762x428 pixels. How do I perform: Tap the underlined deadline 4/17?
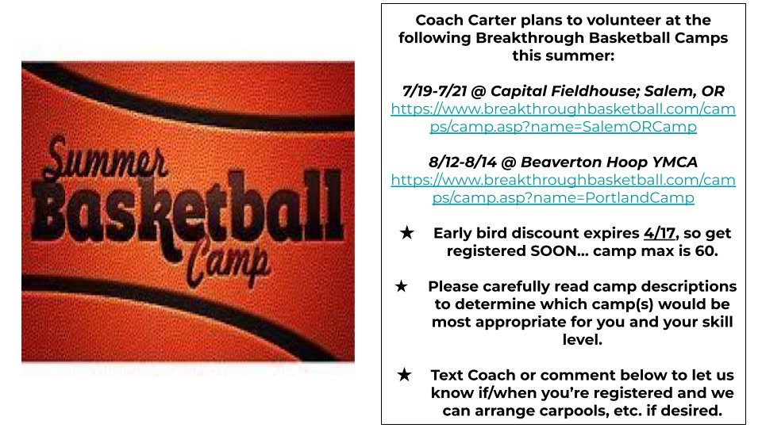click(660, 233)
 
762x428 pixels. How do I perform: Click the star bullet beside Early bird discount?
click(406, 233)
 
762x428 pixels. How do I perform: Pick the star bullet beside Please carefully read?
click(402, 286)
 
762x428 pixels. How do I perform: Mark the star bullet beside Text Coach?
click(404, 375)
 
